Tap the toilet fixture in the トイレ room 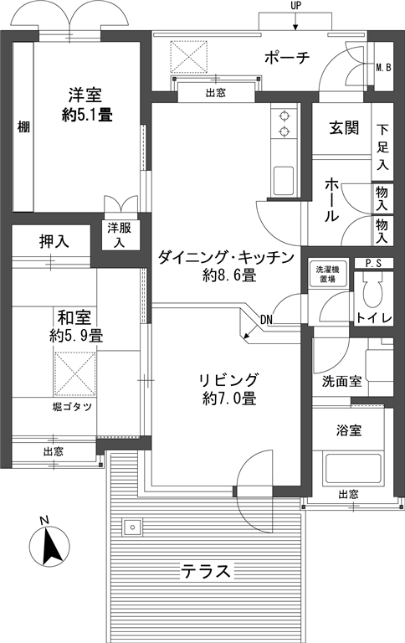[x=372, y=291]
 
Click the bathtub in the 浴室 [x=353, y=467]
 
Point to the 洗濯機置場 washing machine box [x=327, y=274]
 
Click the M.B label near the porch [x=384, y=67]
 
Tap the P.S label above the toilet [x=373, y=263]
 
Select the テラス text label [x=206, y=571]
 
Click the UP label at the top [x=295, y=6]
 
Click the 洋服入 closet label [x=120, y=234]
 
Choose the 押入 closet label [x=54, y=241]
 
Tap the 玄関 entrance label [x=344, y=128]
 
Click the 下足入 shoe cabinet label [x=383, y=147]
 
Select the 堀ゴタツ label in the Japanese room [x=72, y=407]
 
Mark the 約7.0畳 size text [x=229, y=399]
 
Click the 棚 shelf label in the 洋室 [x=23, y=127]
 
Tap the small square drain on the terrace [x=132, y=527]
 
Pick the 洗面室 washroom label [x=342, y=382]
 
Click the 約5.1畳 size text [x=87, y=115]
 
